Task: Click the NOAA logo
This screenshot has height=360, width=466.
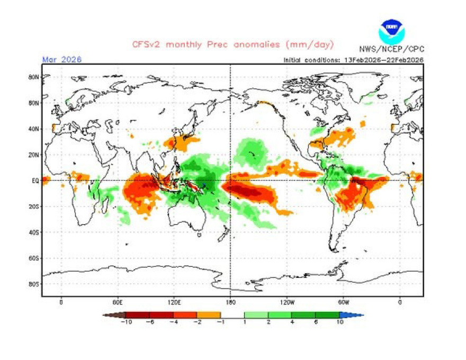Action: (x=391, y=31)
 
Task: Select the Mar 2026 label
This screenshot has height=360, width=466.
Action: (x=61, y=59)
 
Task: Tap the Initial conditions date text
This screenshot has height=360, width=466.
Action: (x=353, y=60)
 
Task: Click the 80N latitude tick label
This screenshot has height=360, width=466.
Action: (x=33, y=77)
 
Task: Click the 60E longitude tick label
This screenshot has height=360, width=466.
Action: (x=118, y=302)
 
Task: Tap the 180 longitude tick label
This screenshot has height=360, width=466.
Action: (x=230, y=302)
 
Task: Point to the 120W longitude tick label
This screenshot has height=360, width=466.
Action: (x=287, y=302)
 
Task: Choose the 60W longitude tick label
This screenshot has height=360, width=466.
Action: (x=343, y=302)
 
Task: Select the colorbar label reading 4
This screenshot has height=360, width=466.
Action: (x=292, y=321)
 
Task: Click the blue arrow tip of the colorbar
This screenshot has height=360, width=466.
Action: (x=358, y=315)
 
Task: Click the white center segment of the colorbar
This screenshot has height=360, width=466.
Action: (x=232, y=315)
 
